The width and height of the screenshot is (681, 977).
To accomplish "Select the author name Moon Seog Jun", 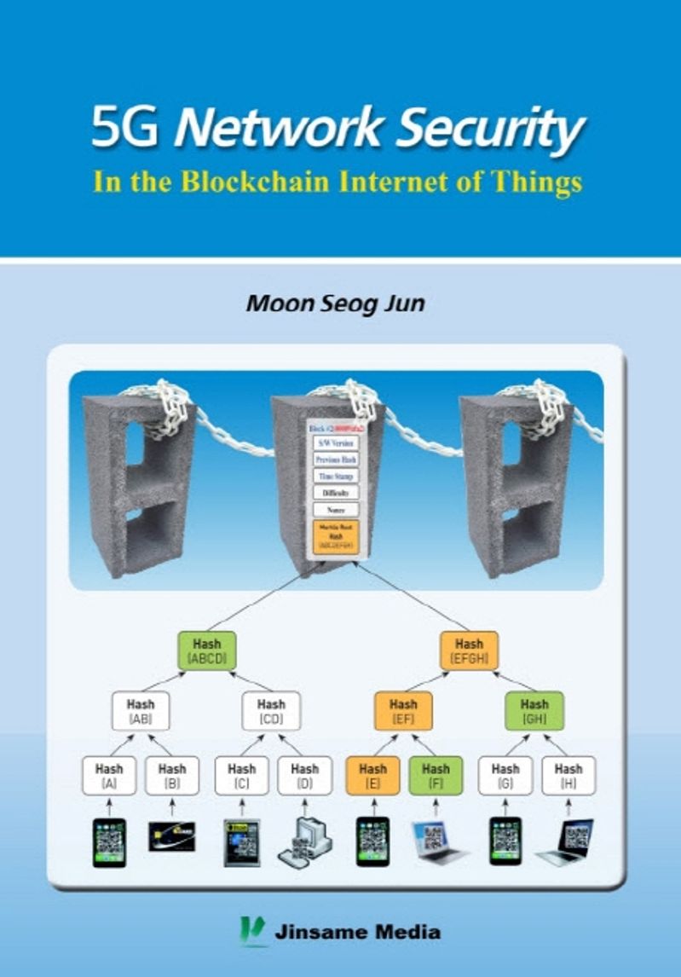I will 335,304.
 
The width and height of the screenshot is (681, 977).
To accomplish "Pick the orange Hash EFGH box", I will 469,650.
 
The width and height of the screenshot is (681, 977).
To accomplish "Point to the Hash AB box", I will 141,712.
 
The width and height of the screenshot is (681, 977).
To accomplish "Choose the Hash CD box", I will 271,712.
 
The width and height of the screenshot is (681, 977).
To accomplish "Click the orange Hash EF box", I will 403,712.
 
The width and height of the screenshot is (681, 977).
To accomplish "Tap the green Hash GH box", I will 534,712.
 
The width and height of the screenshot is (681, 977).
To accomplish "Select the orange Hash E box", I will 372,775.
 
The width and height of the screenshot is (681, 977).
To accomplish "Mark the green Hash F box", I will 436,775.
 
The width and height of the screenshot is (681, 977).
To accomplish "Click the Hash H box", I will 568,775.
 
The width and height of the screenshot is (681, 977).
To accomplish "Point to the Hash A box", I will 109,775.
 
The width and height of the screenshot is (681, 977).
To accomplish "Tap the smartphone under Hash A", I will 109,842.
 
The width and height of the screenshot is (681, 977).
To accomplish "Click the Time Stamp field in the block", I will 336,476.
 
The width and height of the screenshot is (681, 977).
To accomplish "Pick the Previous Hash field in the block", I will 336,460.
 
